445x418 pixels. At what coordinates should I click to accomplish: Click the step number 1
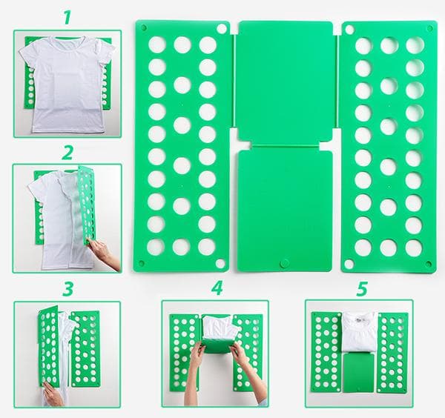(x=67, y=17)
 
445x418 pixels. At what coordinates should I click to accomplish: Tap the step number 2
(x=67, y=153)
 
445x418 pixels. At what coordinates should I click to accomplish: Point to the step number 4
(x=216, y=288)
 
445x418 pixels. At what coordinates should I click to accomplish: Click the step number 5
(x=361, y=288)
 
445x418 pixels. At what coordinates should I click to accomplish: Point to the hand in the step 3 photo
(x=52, y=394)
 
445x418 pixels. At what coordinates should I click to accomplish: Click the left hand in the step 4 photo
(x=197, y=356)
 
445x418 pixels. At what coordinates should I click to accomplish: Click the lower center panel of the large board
(x=286, y=208)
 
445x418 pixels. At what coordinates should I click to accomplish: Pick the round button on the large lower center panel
(x=284, y=262)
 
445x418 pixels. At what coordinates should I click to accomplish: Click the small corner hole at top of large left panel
(x=222, y=28)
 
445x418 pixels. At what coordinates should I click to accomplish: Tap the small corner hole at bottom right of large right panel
(x=428, y=264)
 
